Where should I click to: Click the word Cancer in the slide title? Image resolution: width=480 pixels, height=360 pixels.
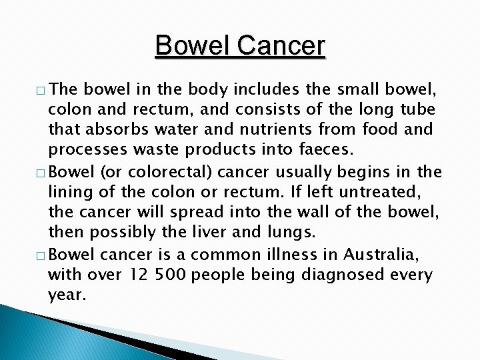pos(281,46)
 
